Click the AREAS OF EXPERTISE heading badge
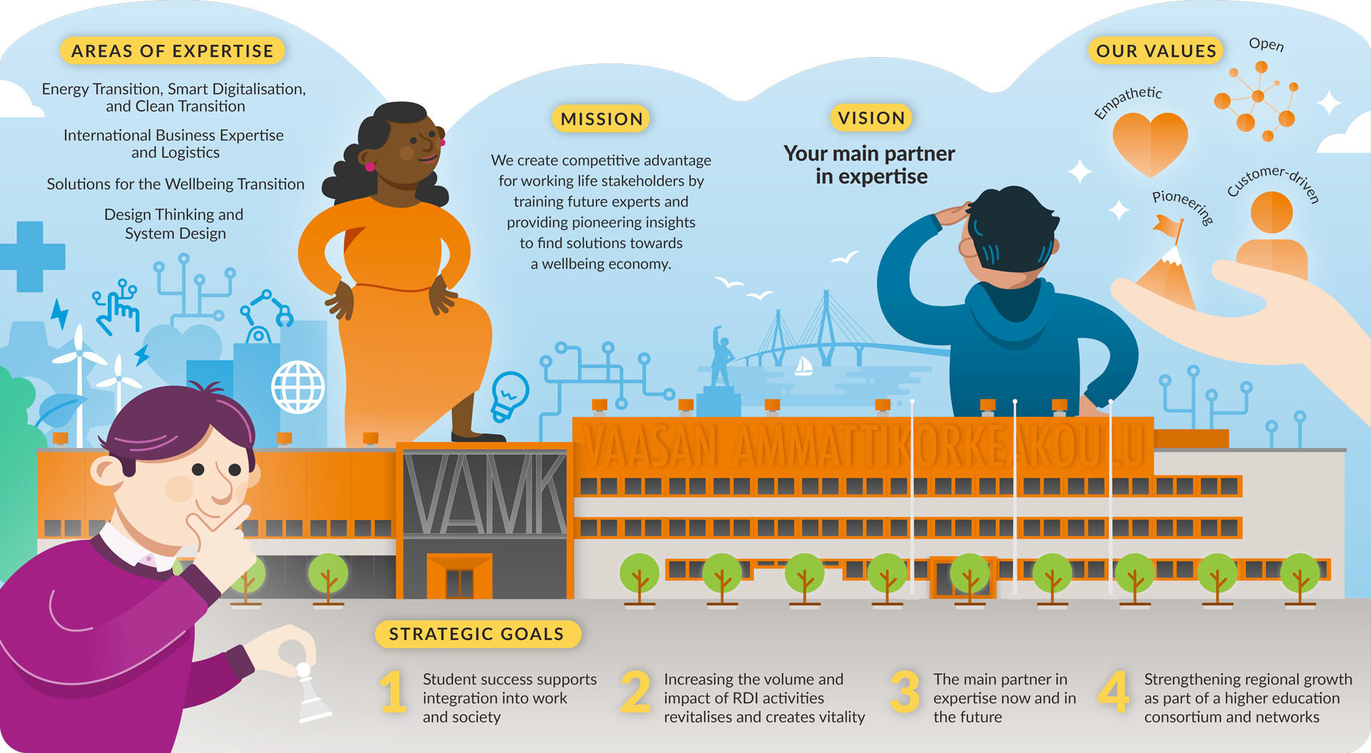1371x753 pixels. click(172, 51)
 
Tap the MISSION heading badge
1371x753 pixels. click(601, 118)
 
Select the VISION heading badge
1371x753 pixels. click(871, 118)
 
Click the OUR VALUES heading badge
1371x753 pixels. click(1155, 51)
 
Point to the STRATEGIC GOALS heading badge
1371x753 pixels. click(476, 634)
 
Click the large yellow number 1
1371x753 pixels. click(393, 692)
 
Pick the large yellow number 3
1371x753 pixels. click(905, 692)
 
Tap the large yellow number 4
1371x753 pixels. click(1113, 692)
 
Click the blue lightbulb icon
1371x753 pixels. click(508, 395)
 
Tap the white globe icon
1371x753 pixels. click(298, 388)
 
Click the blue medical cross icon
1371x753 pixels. click(30, 256)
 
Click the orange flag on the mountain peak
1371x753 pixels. click(1168, 228)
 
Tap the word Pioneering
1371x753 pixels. click(1182, 206)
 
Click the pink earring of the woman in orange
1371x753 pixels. click(370, 167)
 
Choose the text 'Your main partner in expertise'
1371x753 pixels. click(870, 165)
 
